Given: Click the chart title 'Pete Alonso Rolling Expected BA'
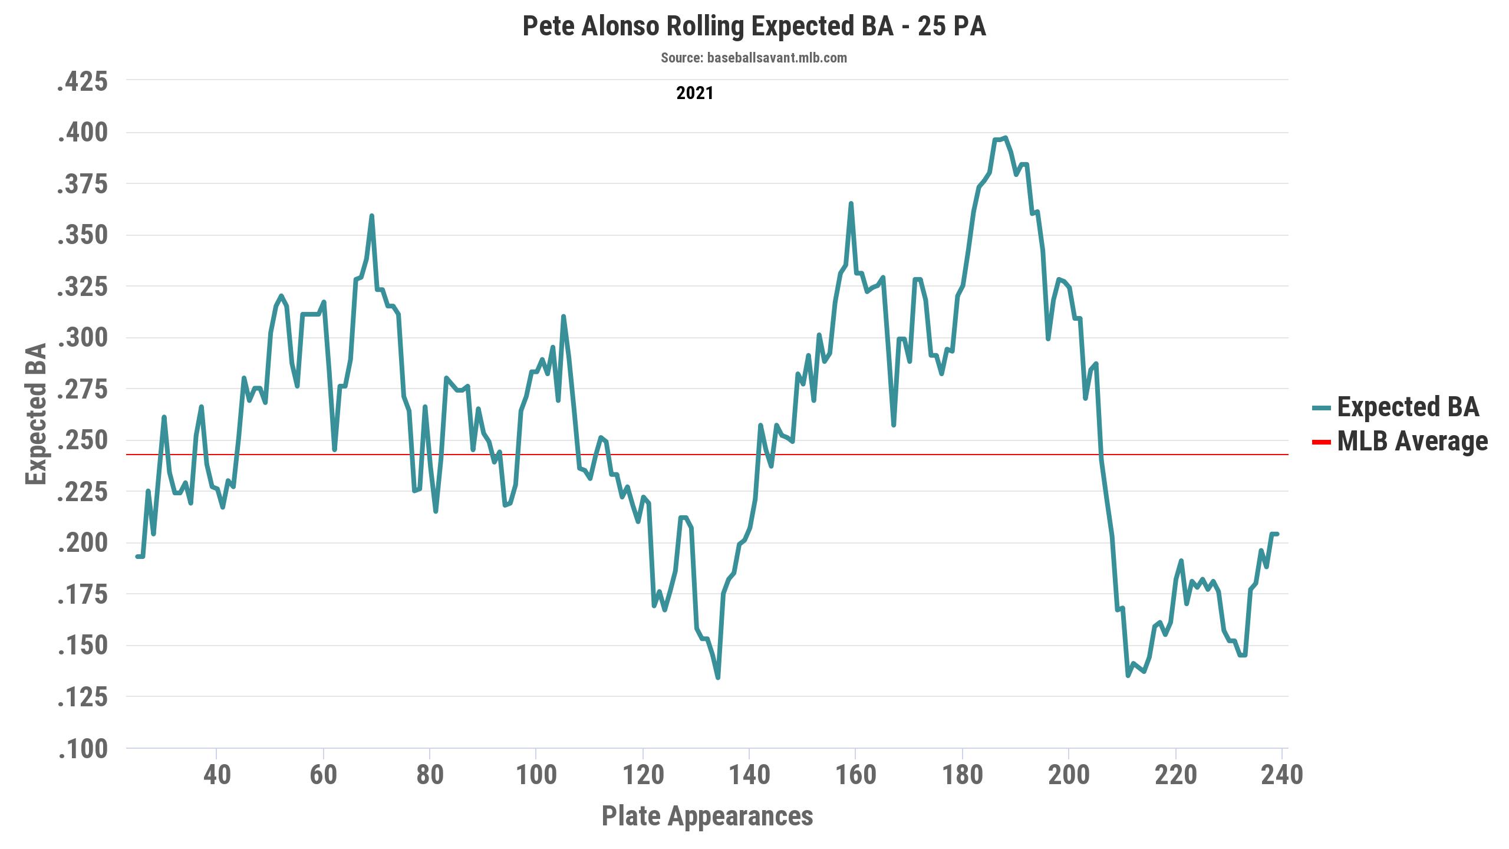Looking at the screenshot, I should point(754,27).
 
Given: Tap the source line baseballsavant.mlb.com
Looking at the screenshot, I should point(753,58).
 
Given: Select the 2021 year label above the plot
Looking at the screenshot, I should point(694,93).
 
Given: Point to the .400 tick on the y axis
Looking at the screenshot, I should point(83,133).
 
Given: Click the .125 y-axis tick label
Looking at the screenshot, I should point(83,697).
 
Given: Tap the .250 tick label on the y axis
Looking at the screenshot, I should point(83,440).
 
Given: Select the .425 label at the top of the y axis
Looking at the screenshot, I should point(83,81).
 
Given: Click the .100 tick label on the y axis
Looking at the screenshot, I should point(83,749).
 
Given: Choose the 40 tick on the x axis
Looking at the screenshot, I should point(217,775).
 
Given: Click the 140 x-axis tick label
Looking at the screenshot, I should point(749,775).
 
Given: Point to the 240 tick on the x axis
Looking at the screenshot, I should point(1281,775).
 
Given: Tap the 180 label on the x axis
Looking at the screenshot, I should point(962,775).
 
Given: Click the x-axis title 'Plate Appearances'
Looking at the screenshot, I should point(707,816).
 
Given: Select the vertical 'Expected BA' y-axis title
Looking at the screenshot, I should point(37,414).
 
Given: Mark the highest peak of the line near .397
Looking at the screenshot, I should point(1005,138).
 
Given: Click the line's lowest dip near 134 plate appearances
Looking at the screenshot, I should point(717,677).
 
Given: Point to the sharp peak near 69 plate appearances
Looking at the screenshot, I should point(371,216).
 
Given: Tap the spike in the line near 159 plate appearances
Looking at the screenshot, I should point(851,203).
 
